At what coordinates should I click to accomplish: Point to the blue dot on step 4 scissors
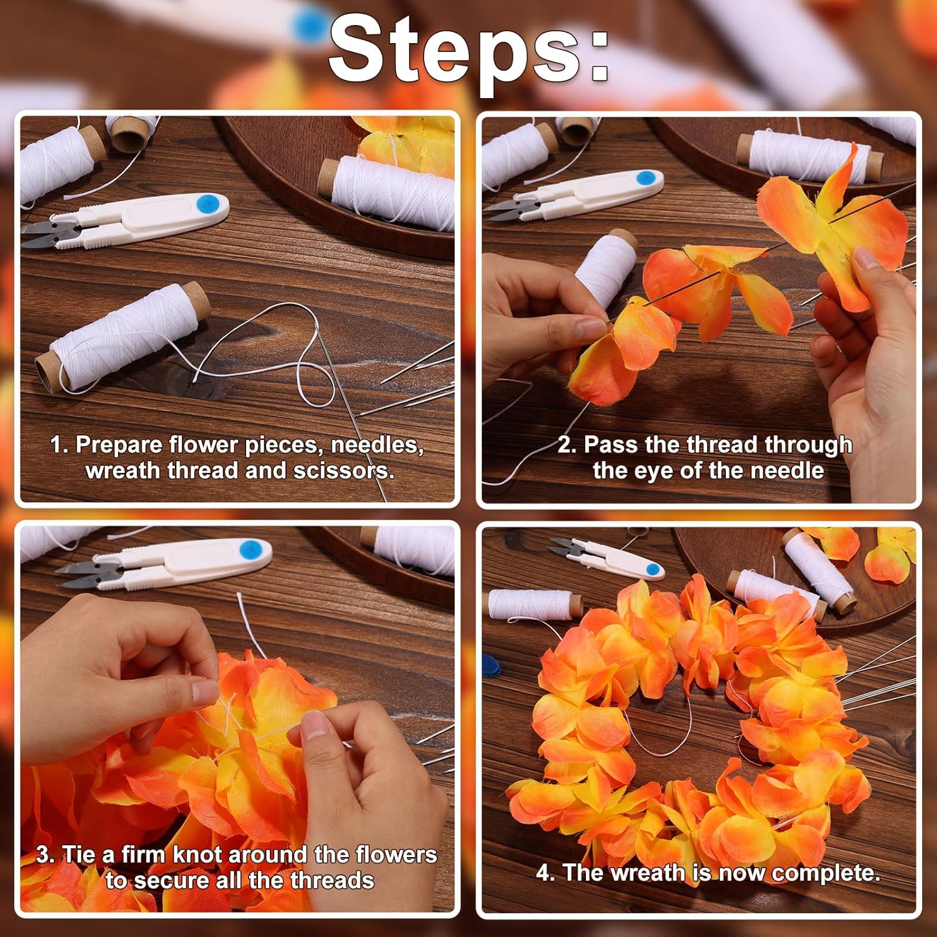[653, 570]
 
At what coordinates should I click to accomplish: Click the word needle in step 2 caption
[787, 471]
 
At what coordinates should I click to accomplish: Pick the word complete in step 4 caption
[826, 873]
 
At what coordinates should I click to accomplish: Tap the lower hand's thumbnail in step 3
[315, 726]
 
